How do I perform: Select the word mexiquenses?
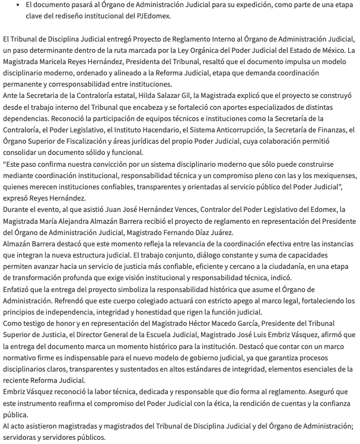pyautogui.click(x=330, y=176)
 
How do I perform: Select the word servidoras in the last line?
pyautogui.click(x=22, y=437)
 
